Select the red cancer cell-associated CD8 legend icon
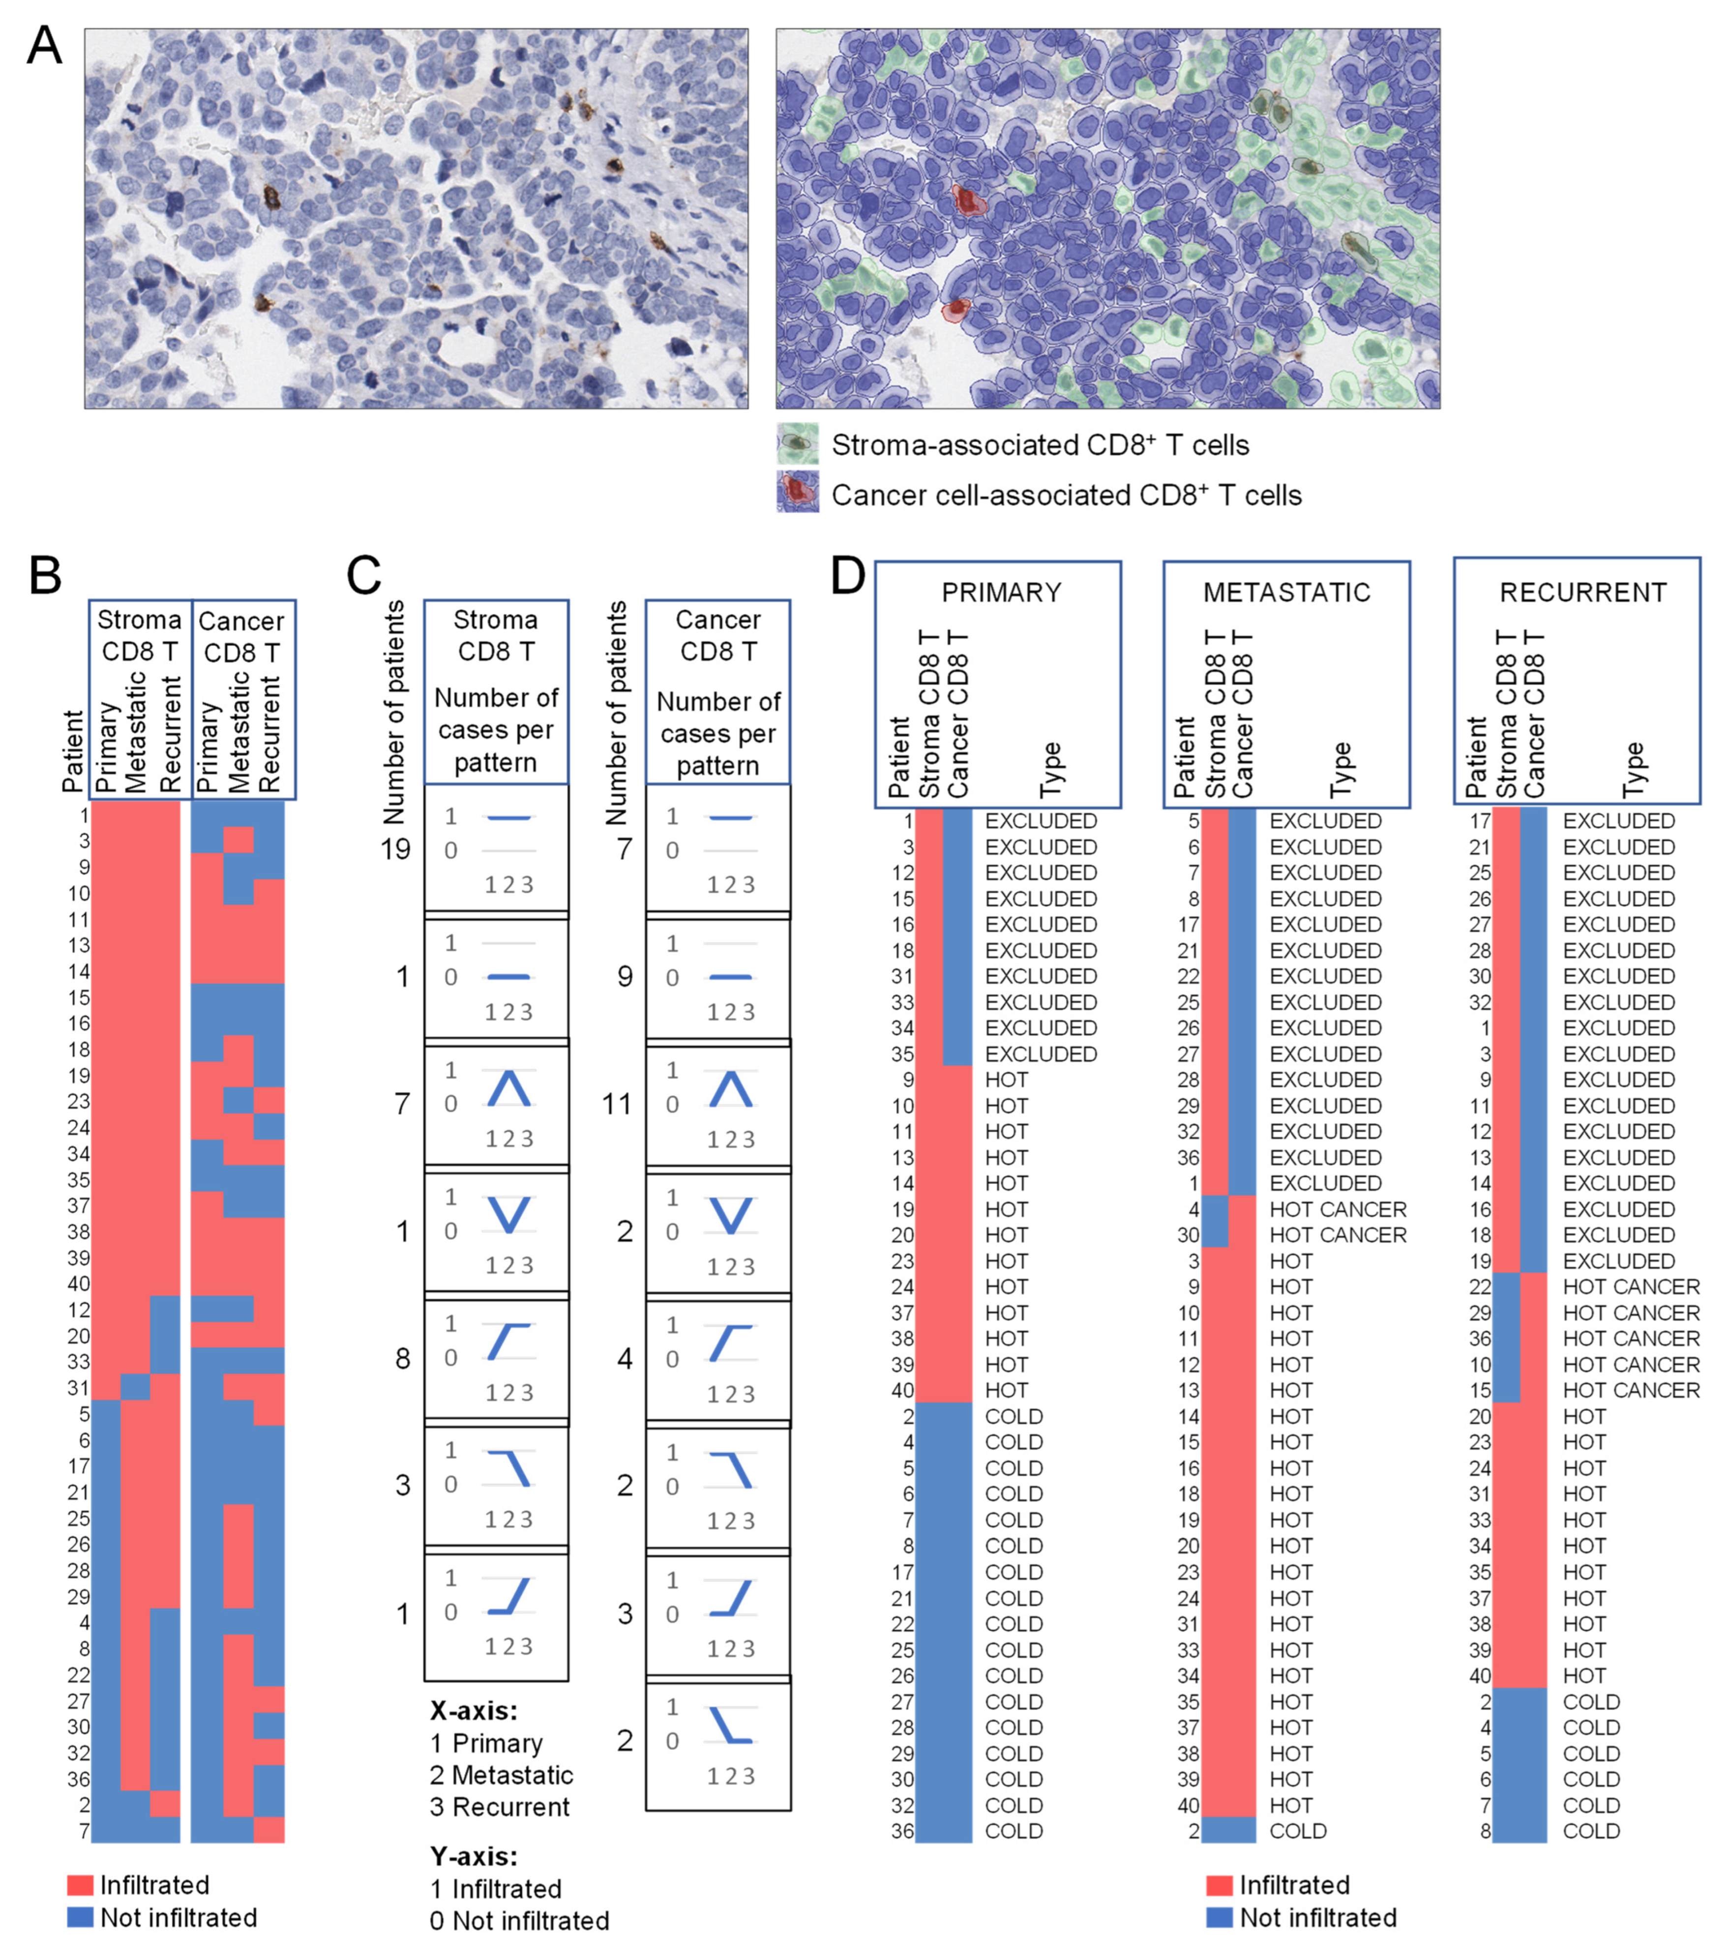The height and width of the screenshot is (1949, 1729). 797,494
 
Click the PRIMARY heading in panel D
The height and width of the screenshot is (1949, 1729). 1001,593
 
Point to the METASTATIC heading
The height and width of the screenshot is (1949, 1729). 1286,593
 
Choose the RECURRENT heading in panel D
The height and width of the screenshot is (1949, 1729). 1583,593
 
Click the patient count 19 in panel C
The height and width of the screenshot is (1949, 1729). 395,848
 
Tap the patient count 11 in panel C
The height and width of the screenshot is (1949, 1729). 617,1104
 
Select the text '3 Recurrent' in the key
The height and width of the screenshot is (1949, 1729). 500,1807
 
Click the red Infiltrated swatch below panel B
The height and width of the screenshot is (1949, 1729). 80,1885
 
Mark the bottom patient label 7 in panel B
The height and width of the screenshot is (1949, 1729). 84,1831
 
